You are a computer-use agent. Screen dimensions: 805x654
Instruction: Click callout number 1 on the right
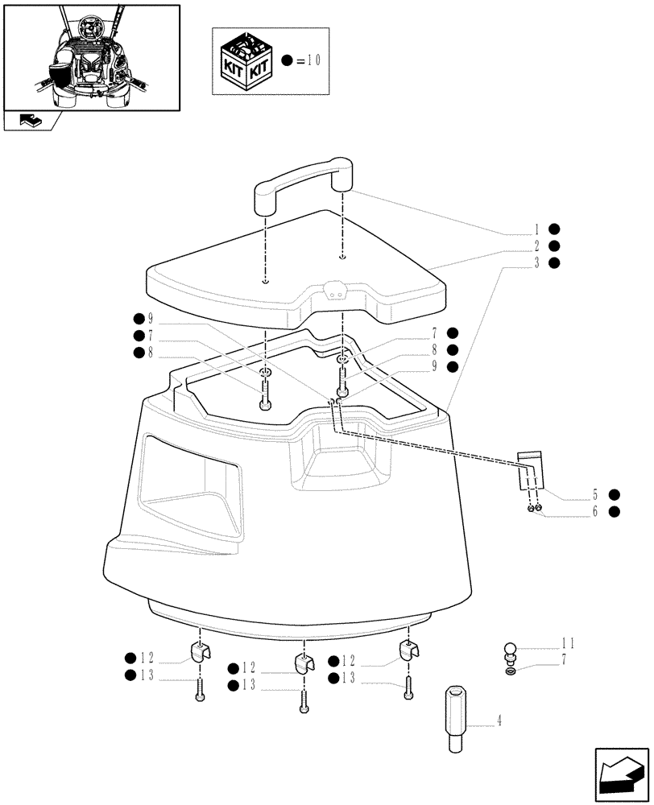click(536, 229)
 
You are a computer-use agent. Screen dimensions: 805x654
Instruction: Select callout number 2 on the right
click(536, 246)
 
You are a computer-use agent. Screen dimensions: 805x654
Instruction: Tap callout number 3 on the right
click(536, 262)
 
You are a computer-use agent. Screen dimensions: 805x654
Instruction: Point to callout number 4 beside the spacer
click(500, 721)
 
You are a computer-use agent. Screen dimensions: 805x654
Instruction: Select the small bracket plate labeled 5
click(529, 470)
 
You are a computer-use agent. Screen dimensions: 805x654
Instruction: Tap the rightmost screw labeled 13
click(409, 687)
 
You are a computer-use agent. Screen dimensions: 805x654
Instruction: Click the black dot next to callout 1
click(554, 229)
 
